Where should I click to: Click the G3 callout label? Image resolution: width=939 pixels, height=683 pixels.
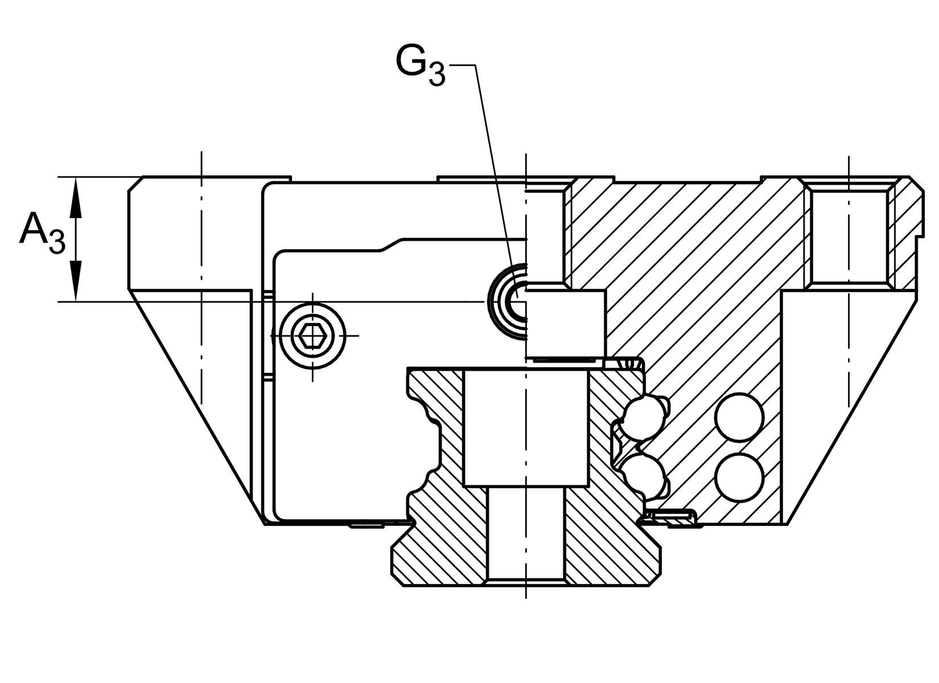point(421,65)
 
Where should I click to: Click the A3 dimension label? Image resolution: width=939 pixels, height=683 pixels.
point(42,233)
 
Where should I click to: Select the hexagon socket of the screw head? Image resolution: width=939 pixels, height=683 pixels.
point(312,336)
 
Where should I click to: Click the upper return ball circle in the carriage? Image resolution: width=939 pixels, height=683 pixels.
point(739,417)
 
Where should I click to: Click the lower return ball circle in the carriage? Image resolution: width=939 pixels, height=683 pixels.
point(739,477)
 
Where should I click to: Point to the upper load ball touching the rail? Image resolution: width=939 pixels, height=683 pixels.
point(641,417)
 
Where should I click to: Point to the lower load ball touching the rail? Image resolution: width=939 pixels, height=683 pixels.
point(641,477)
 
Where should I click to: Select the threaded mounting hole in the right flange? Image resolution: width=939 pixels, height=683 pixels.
point(849,235)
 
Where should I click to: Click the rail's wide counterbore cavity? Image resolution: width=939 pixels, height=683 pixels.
point(526,427)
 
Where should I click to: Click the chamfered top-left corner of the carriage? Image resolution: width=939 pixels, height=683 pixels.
point(135,184)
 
